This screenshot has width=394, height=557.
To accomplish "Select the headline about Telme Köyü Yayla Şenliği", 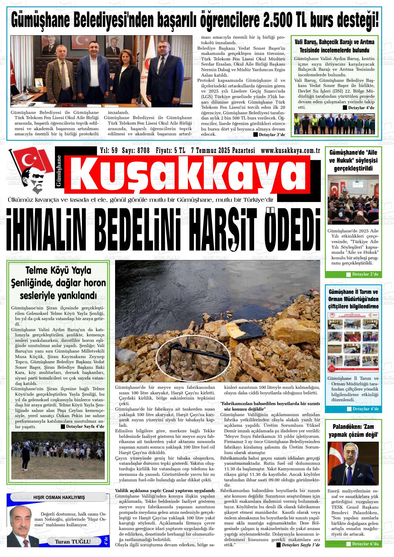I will tap(58, 283).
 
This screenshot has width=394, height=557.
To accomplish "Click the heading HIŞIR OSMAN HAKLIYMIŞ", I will tap(59, 497).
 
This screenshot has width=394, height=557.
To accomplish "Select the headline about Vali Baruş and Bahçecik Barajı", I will tap(334, 46).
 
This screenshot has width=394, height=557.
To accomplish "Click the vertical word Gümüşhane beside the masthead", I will tap(59, 171).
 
